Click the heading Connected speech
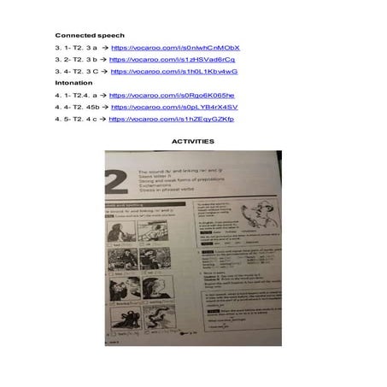point(83,35)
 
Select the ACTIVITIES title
point(193,141)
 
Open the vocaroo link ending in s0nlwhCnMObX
point(175,48)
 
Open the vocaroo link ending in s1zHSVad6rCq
point(173,60)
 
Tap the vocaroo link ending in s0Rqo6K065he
point(172,96)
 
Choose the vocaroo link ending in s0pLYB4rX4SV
point(174,108)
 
